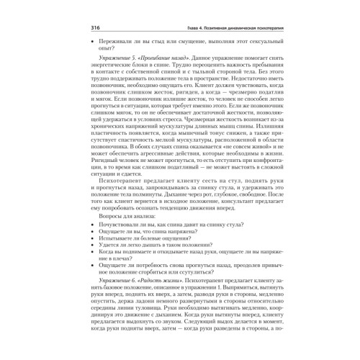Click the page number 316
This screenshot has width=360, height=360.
click(95, 28)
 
